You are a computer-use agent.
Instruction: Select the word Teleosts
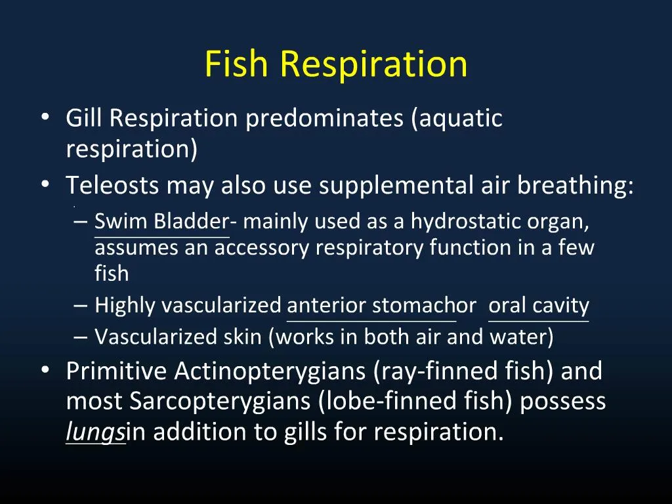pos(112,186)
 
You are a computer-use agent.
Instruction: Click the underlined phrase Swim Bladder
pos(161,222)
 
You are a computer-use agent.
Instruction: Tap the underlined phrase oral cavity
pos(539,306)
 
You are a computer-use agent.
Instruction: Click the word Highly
pos(125,306)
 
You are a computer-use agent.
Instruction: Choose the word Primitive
pos(117,371)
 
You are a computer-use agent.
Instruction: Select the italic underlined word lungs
pos(95,432)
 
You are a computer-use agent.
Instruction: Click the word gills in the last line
pos(304,432)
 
